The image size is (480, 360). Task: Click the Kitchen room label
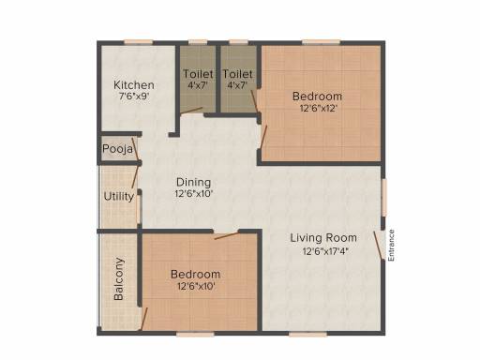[x=134, y=84]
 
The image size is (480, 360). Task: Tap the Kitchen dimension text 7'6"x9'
[x=134, y=96]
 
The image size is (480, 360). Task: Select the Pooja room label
[x=117, y=149]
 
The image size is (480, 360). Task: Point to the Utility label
[x=119, y=197]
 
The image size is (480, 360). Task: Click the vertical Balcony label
[x=119, y=278]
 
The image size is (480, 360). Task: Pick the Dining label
[x=194, y=182]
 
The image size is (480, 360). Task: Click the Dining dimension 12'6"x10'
[x=194, y=194]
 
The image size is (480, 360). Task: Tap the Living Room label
[x=323, y=238]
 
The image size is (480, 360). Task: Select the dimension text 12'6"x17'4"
[x=325, y=251]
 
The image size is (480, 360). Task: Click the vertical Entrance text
[x=391, y=246]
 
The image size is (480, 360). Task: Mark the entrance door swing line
[x=378, y=246]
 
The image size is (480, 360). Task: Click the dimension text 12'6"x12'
[x=319, y=109]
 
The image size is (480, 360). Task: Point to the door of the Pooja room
[x=135, y=148]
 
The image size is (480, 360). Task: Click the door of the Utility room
[x=135, y=177]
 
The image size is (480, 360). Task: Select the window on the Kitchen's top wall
[x=139, y=42]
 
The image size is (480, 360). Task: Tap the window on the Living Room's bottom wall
[x=307, y=334]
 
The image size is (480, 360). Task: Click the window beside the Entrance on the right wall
[x=383, y=197]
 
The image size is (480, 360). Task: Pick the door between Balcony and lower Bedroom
[x=143, y=319]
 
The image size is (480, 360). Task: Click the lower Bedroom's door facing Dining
[x=227, y=235]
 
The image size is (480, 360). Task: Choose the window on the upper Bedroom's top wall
[x=321, y=42]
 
